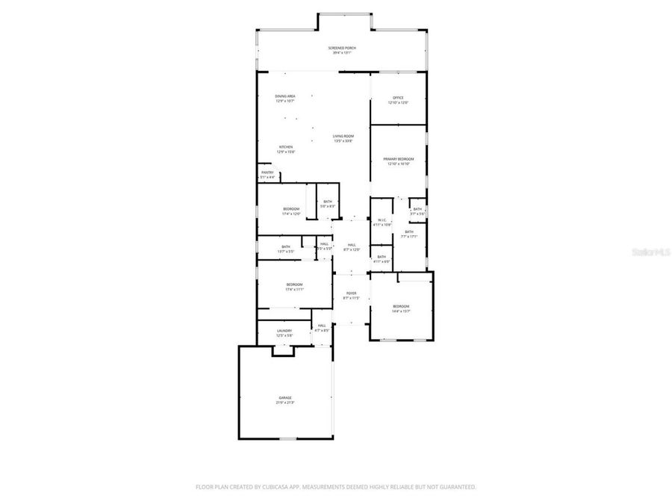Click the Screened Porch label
[x=342, y=48]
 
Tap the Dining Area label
[x=285, y=96]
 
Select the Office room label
[x=398, y=98]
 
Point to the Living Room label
[x=343, y=136]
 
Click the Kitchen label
[x=286, y=146]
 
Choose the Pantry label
[x=267, y=172]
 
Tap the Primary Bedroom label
[x=399, y=159]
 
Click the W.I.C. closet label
[x=381, y=220]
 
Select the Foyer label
[x=351, y=293]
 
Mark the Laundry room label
[x=284, y=330]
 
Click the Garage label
[x=285, y=397]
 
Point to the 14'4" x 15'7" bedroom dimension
[x=402, y=311]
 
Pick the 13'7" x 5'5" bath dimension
[x=286, y=252]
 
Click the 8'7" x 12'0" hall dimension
[x=352, y=249]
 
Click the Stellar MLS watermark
[x=650, y=252]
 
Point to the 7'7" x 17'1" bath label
[x=409, y=231]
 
